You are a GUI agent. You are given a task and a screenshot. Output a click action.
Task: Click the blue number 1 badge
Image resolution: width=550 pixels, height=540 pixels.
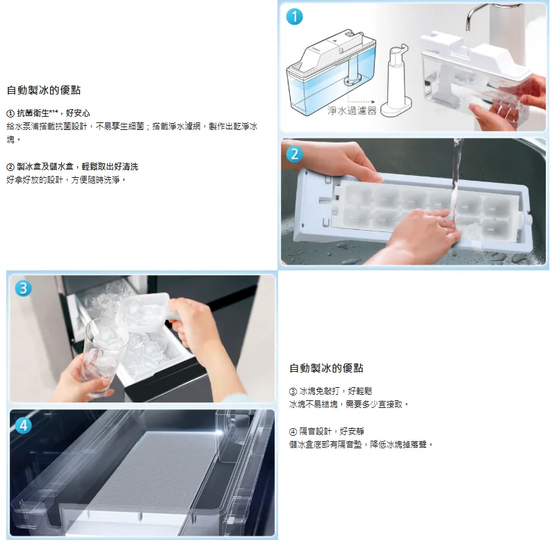point(294,17)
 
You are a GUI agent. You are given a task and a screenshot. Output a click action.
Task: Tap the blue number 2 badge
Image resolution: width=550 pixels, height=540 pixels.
point(294,154)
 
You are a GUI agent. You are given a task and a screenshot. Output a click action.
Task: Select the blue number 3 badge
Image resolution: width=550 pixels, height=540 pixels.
point(23,288)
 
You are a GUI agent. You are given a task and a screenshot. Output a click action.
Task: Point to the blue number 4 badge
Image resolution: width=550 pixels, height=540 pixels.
point(23,425)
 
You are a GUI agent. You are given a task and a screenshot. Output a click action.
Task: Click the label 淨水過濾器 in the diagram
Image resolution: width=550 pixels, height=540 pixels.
point(352,111)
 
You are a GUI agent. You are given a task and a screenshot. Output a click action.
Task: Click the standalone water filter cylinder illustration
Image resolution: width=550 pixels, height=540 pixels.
point(396,81)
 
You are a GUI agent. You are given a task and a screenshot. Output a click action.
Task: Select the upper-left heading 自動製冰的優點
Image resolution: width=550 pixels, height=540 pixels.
point(44,90)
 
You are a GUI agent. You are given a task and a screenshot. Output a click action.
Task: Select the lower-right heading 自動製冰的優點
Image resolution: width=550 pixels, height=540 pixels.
point(326,368)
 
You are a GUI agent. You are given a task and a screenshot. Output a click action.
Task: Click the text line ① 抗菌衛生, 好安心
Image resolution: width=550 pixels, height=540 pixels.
point(49,113)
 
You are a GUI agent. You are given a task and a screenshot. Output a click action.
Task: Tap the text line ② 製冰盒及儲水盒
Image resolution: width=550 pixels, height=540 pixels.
point(72,167)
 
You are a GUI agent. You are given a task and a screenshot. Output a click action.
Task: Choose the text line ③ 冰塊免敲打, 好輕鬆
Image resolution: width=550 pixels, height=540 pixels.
point(330,391)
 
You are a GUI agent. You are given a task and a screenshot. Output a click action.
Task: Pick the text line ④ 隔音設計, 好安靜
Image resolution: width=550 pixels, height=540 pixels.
point(327,432)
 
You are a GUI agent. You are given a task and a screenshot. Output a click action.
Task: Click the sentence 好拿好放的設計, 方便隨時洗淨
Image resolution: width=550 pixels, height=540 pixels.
point(66,180)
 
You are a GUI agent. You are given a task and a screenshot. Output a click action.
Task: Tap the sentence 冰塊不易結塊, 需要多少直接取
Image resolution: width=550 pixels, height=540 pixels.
point(348,404)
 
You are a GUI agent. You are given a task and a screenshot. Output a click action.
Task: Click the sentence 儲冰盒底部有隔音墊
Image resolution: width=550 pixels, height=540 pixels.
point(361,445)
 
